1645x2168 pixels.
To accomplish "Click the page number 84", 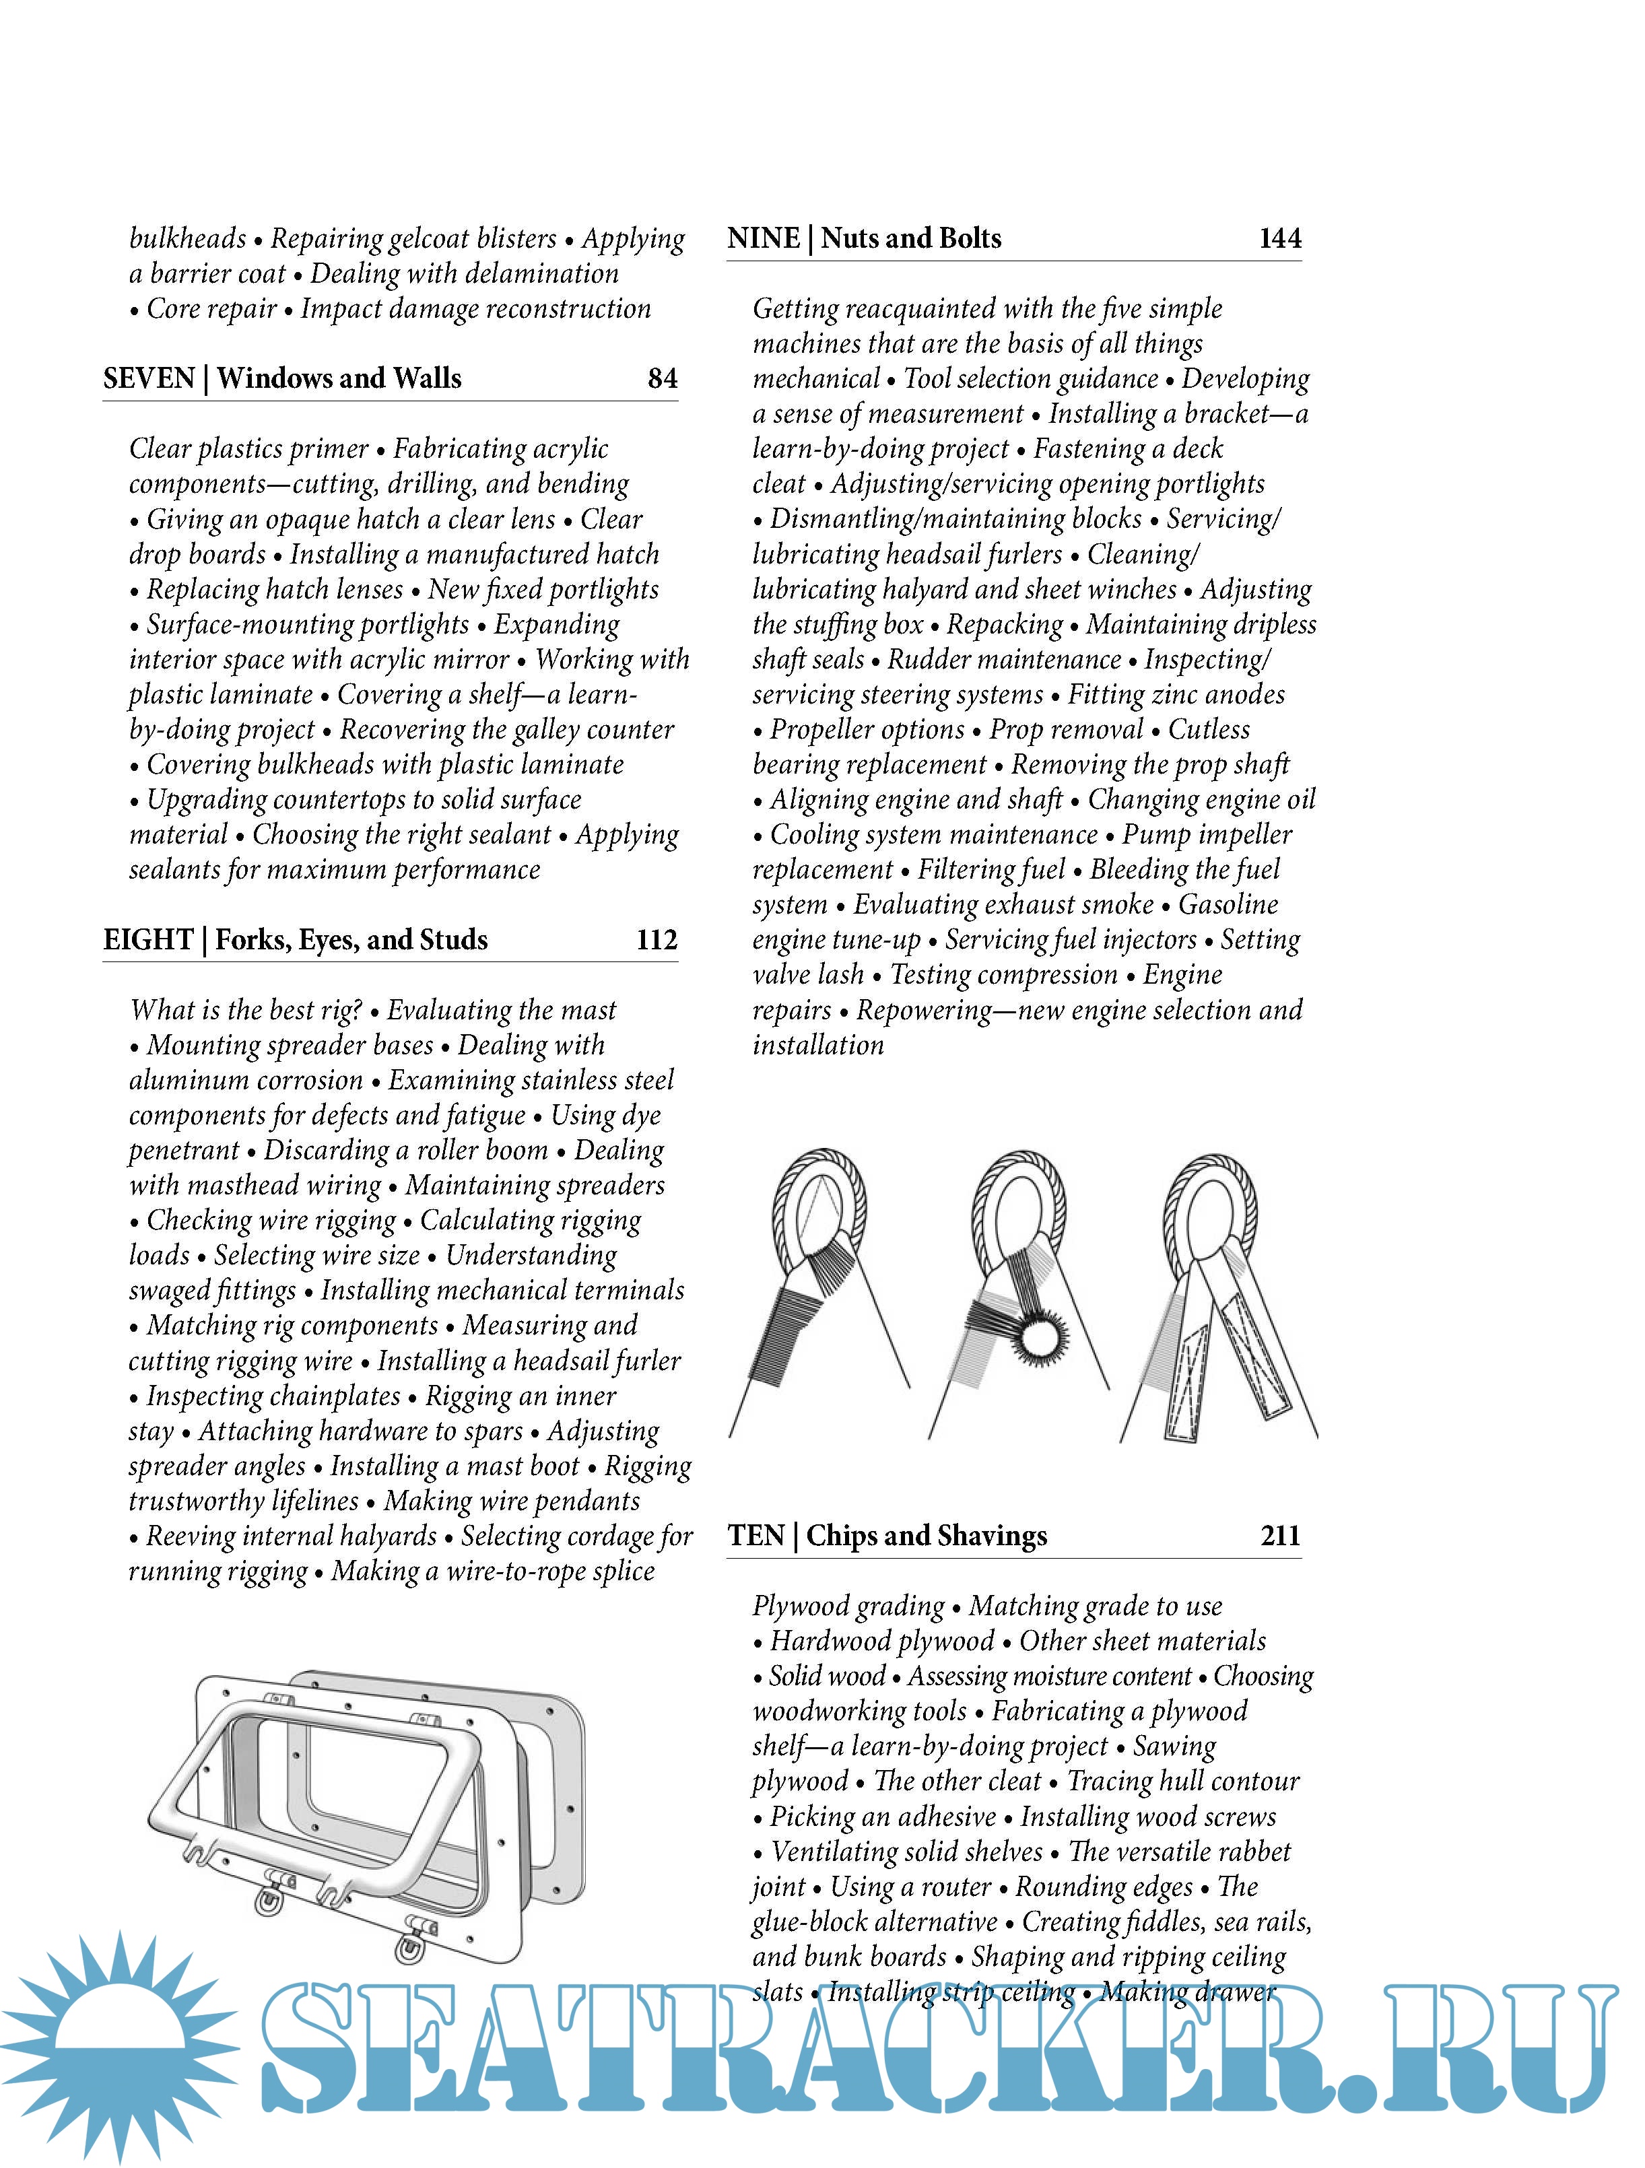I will (x=663, y=378).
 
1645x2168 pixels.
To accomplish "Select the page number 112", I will (x=657, y=940).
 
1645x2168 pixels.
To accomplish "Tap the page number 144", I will (x=1279, y=238).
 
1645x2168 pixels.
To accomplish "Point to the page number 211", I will (x=1280, y=1536).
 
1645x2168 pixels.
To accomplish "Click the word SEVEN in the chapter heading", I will (x=149, y=378).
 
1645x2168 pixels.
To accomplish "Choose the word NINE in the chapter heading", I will (x=763, y=238).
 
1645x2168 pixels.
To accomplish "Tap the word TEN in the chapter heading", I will (x=756, y=1536).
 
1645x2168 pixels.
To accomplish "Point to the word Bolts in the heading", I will (x=970, y=238).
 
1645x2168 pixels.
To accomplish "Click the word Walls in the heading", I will (x=428, y=378).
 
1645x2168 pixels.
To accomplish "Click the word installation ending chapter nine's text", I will (x=817, y=1045).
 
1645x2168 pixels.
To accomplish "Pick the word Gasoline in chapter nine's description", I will (x=1228, y=905).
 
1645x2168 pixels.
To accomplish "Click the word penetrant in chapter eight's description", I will (x=183, y=1150).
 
